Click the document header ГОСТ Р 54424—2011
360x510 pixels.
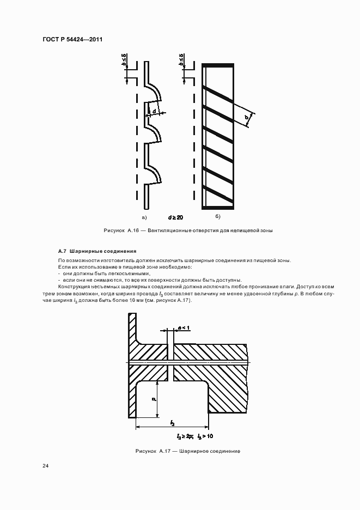pyautogui.click(x=72, y=40)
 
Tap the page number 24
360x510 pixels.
pyautogui.click(x=45, y=466)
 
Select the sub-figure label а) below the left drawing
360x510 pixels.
pyautogui.click(x=129, y=217)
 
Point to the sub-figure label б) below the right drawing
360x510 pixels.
pyautogui.click(x=218, y=217)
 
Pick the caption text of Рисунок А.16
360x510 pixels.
pyautogui.click(x=188, y=230)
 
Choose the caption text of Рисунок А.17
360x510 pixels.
pyautogui.click(x=188, y=451)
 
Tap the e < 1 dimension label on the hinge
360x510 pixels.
pyautogui.click(x=184, y=327)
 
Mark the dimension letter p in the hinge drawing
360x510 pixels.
pyautogui.click(x=154, y=399)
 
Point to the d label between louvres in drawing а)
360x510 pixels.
pyautogui.click(x=154, y=111)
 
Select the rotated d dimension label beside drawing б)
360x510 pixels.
pyautogui.click(x=247, y=117)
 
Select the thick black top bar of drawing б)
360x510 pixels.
pyautogui.click(x=218, y=66)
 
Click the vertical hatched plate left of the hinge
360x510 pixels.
pyautogui.click(x=132, y=365)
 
